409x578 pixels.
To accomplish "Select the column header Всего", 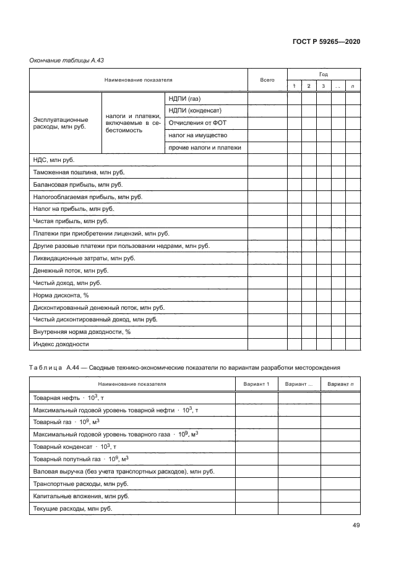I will (x=267, y=80).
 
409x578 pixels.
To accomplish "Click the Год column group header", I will (x=323, y=74).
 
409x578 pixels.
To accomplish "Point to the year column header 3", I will (x=322, y=86).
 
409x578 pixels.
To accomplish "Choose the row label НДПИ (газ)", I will (x=186, y=98).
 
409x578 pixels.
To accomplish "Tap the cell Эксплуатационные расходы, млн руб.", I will (x=60, y=122).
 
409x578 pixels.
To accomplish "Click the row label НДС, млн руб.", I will (x=53, y=159).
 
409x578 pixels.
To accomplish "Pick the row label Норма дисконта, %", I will (x=61, y=295).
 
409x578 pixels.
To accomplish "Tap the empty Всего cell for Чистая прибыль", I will (x=267, y=221).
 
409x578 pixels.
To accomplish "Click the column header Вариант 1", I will (x=256, y=385).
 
